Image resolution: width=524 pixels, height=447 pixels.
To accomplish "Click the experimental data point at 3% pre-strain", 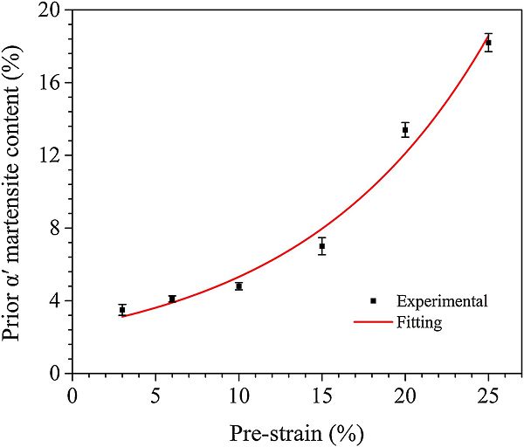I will click(x=122, y=310).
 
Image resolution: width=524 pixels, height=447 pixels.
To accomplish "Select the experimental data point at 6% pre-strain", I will click(x=172, y=299).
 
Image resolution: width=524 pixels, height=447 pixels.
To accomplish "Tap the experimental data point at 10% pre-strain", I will click(x=238, y=286).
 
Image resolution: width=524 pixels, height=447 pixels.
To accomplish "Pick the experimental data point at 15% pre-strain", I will click(x=322, y=246).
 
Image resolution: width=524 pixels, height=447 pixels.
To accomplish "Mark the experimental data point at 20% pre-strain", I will click(x=405, y=130).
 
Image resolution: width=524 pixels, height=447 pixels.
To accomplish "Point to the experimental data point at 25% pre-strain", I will click(x=488, y=43).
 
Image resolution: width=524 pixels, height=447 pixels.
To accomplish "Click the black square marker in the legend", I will click(x=373, y=300).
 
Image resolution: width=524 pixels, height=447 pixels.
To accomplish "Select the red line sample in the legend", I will click(x=373, y=322).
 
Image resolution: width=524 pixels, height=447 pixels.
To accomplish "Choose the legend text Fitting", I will click(x=419, y=322).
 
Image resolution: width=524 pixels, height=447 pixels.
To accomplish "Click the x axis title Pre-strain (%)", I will click(x=296, y=431).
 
